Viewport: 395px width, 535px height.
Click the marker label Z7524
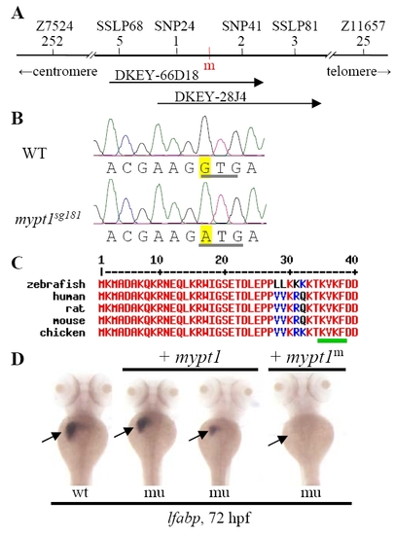click(x=54, y=26)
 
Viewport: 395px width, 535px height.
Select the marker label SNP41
click(x=241, y=26)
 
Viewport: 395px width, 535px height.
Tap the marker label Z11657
click(x=363, y=26)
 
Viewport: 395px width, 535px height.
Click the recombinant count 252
click(x=53, y=41)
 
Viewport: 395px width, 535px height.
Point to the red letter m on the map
click(x=209, y=65)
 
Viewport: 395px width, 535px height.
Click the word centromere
click(x=65, y=71)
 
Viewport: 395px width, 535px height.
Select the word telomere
click(x=352, y=71)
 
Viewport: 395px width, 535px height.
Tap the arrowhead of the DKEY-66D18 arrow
click(x=260, y=83)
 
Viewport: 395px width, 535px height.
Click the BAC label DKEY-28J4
click(x=210, y=97)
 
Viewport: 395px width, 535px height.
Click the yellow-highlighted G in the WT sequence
click(x=205, y=167)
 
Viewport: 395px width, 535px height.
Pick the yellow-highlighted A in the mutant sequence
click(x=205, y=235)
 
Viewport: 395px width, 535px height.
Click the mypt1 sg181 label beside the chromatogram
click(x=48, y=218)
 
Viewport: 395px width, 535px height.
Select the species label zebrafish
click(x=56, y=284)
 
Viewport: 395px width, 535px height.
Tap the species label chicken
click(x=62, y=333)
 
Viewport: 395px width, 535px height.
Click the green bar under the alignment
click(x=332, y=340)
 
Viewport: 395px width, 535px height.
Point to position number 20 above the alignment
click(x=221, y=261)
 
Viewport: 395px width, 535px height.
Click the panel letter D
click(x=18, y=359)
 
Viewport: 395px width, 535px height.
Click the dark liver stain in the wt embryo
click(x=73, y=429)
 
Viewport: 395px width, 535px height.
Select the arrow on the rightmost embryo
click(x=277, y=441)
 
